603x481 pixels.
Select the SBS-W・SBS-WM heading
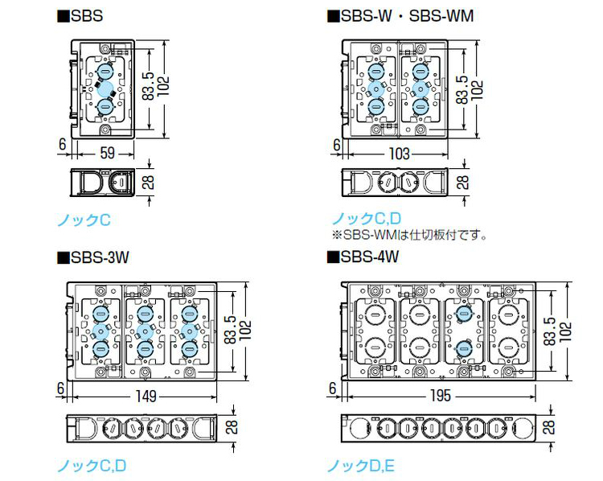click(x=400, y=15)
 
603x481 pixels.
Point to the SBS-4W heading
click(x=364, y=258)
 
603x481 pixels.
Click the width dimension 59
click(x=105, y=151)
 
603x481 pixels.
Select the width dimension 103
click(x=399, y=153)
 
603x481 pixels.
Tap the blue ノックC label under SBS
click(x=83, y=219)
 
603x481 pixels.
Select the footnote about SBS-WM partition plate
click(x=410, y=236)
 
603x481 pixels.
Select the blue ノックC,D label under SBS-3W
click(x=91, y=464)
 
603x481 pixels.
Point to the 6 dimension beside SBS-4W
click(x=332, y=388)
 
